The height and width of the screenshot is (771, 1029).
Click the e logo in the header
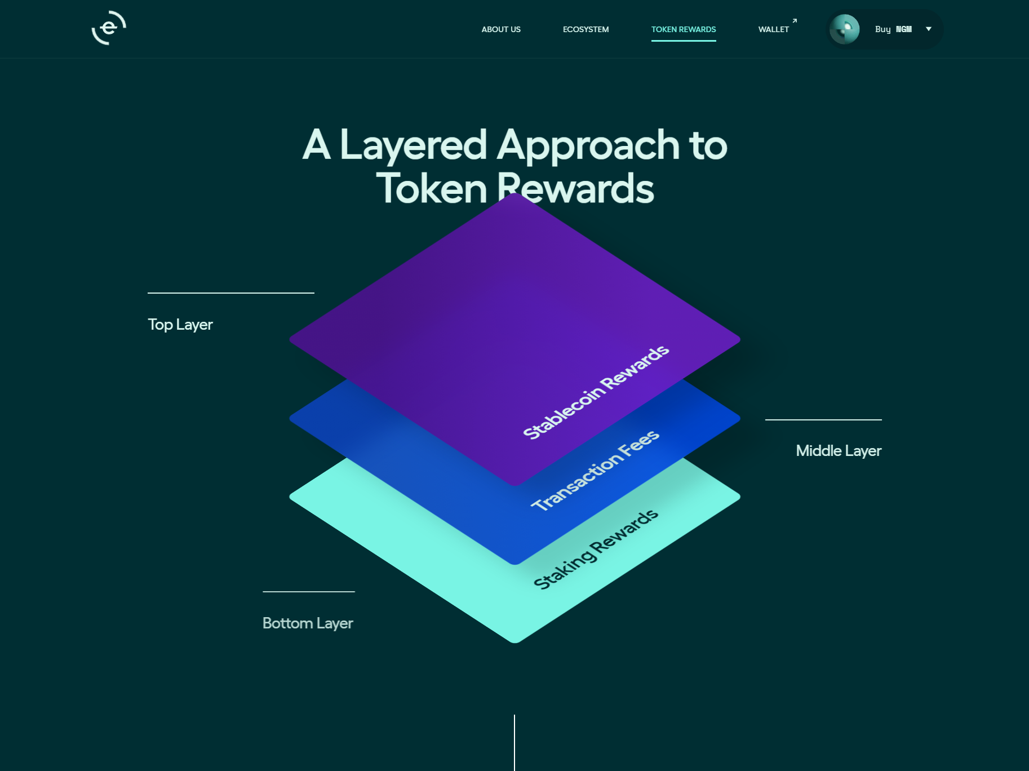(x=109, y=28)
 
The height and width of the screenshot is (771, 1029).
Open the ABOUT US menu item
(x=501, y=29)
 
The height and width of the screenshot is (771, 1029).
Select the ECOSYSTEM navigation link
(x=586, y=29)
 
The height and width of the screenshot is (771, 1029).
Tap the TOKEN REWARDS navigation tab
(x=684, y=29)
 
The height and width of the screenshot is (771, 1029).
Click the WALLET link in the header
(x=773, y=29)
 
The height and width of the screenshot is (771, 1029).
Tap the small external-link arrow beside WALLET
(x=795, y=21)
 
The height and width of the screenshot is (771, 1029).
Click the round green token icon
(x=844, y=29)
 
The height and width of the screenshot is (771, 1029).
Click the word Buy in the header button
(x=882, y=29)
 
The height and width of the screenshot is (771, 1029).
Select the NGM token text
(x=904, y=29)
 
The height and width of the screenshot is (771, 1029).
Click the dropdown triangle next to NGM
(x=929, y=29)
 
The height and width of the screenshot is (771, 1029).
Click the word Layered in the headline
(x=413, y=145)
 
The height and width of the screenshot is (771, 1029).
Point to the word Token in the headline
(x=432, y=188)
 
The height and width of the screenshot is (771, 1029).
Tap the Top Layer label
(x=180, y=325)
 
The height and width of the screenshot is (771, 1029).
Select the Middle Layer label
(x=839, y=451)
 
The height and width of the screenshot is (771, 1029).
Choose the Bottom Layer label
(x=308, y=623)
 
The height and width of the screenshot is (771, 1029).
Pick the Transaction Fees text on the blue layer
(x=595, y=471)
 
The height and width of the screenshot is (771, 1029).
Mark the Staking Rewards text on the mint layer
(x=596, y=549)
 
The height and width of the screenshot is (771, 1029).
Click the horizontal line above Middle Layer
(x=823, y=420)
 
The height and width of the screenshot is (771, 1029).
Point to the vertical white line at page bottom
(x=514, y=742)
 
